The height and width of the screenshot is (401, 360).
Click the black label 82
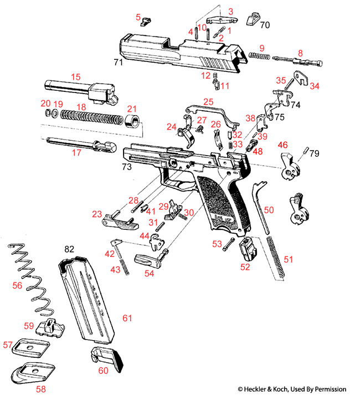[x=69, y=250]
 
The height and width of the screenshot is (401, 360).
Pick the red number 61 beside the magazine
[x=127, y=318]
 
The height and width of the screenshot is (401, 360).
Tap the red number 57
[x=8, y=345]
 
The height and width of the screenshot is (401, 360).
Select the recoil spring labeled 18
[x=89, y=118]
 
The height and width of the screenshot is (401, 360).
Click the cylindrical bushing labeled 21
[x=132, y=122]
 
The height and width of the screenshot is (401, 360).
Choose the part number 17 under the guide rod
[x=76, y=152]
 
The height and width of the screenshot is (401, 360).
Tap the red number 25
[x=208, y=102]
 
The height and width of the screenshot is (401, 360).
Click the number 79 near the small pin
[x=315, y=153]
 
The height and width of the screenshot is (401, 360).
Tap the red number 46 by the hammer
[x=282, y=145]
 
